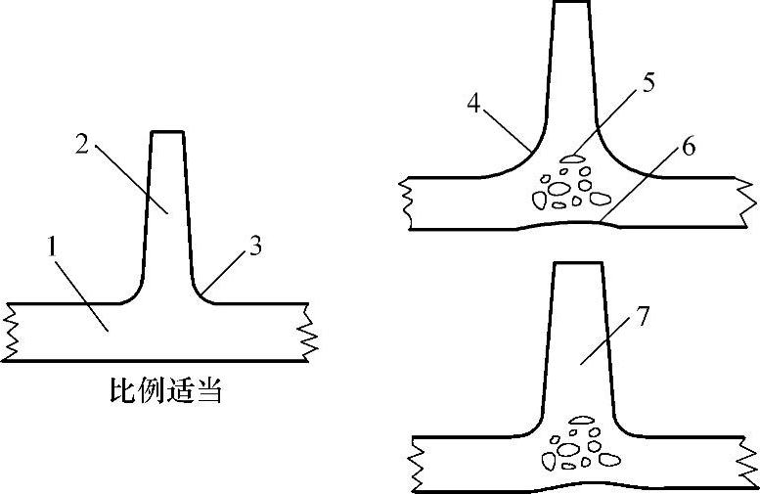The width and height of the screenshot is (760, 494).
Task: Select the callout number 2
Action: [83, 144]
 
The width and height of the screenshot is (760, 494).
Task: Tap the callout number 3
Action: [254, 247]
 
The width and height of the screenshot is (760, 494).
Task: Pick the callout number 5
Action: [648, 82]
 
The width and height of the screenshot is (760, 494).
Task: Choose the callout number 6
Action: [689, 147]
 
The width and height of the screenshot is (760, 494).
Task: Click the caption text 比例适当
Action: [164, 393]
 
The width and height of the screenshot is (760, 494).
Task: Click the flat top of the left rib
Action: [166, 132]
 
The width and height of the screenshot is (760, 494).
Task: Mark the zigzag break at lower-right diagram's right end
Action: [749, 461]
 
